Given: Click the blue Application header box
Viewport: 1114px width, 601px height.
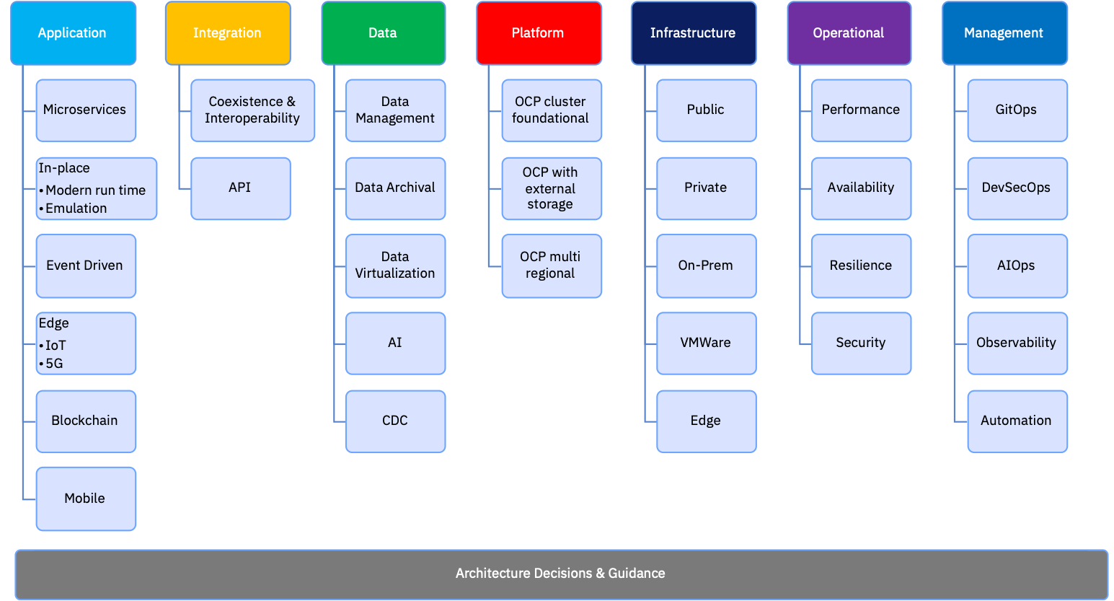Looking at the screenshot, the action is [x=73, y=33].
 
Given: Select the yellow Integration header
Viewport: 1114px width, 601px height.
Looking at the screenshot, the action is [x=229, y=33].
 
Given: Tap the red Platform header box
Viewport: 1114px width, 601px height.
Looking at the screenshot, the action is [x=539, y=33].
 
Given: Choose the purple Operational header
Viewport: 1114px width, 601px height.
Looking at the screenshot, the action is [x=849, y=33].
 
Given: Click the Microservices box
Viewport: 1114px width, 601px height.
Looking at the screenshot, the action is [x=86, y=110].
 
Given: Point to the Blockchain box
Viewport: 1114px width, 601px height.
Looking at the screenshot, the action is [x=86, y=421].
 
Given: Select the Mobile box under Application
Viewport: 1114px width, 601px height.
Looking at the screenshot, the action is [x=86, y=499].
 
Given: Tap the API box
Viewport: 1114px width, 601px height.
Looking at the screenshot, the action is [x=241, y=188].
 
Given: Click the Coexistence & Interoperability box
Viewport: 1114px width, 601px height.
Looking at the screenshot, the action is [x=252, y=110].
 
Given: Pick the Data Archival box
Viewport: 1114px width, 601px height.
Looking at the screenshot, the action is [x=396, y=188].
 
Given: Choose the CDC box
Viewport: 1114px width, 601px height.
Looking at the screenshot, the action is [x=396, y=421].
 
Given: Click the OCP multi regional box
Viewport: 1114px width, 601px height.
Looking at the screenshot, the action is [x=552, y=266].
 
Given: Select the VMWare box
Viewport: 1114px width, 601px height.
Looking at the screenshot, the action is [x=707, y=343].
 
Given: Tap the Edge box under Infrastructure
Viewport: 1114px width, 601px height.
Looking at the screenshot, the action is [x=707, y=421].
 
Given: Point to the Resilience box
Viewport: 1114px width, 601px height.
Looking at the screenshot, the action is [x=862, y=266].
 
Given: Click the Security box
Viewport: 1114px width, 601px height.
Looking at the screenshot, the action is [x=862, y=343].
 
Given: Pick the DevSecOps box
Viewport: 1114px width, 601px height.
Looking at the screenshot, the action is [x=1017, y=188].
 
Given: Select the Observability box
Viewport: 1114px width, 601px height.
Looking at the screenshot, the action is [x=1017, y=343].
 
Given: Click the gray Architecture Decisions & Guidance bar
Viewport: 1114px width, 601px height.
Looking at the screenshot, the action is [x=562, y=574].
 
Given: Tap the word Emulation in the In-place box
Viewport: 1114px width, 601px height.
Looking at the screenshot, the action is [x=76, y=209].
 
